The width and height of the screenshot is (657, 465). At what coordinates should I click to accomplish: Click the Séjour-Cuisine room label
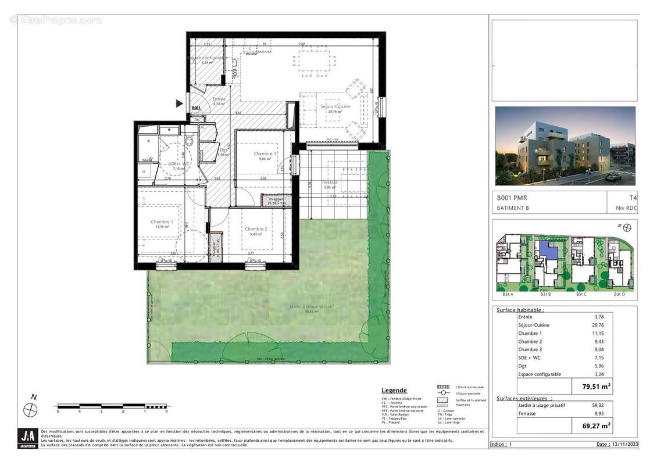coord(335,106)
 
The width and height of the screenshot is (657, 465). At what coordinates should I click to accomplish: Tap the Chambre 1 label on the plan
coord(162,221)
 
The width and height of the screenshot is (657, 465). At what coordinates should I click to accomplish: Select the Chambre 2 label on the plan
coord(256,228)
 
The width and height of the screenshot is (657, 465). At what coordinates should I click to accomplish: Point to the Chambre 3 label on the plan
coord(265,154)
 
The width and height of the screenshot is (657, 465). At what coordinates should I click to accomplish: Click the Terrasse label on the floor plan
coord(330,183)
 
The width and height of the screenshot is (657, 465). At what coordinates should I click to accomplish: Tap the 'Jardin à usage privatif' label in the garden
coord(313,306)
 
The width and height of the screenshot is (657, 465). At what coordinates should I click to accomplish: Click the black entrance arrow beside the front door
coord(179,103)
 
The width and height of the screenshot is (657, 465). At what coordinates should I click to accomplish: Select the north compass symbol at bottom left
coord(30,409)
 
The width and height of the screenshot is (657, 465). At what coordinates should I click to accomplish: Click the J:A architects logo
coord(27,438)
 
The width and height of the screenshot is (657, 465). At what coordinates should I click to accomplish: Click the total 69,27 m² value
coord(595,426)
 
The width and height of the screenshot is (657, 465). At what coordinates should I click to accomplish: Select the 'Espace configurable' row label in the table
coord(539,374)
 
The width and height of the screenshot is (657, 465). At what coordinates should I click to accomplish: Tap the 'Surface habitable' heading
coord(520,310)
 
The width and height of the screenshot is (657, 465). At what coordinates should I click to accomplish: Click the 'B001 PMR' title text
coord(512,198)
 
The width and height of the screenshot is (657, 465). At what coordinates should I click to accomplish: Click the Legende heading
coord(394,390)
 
